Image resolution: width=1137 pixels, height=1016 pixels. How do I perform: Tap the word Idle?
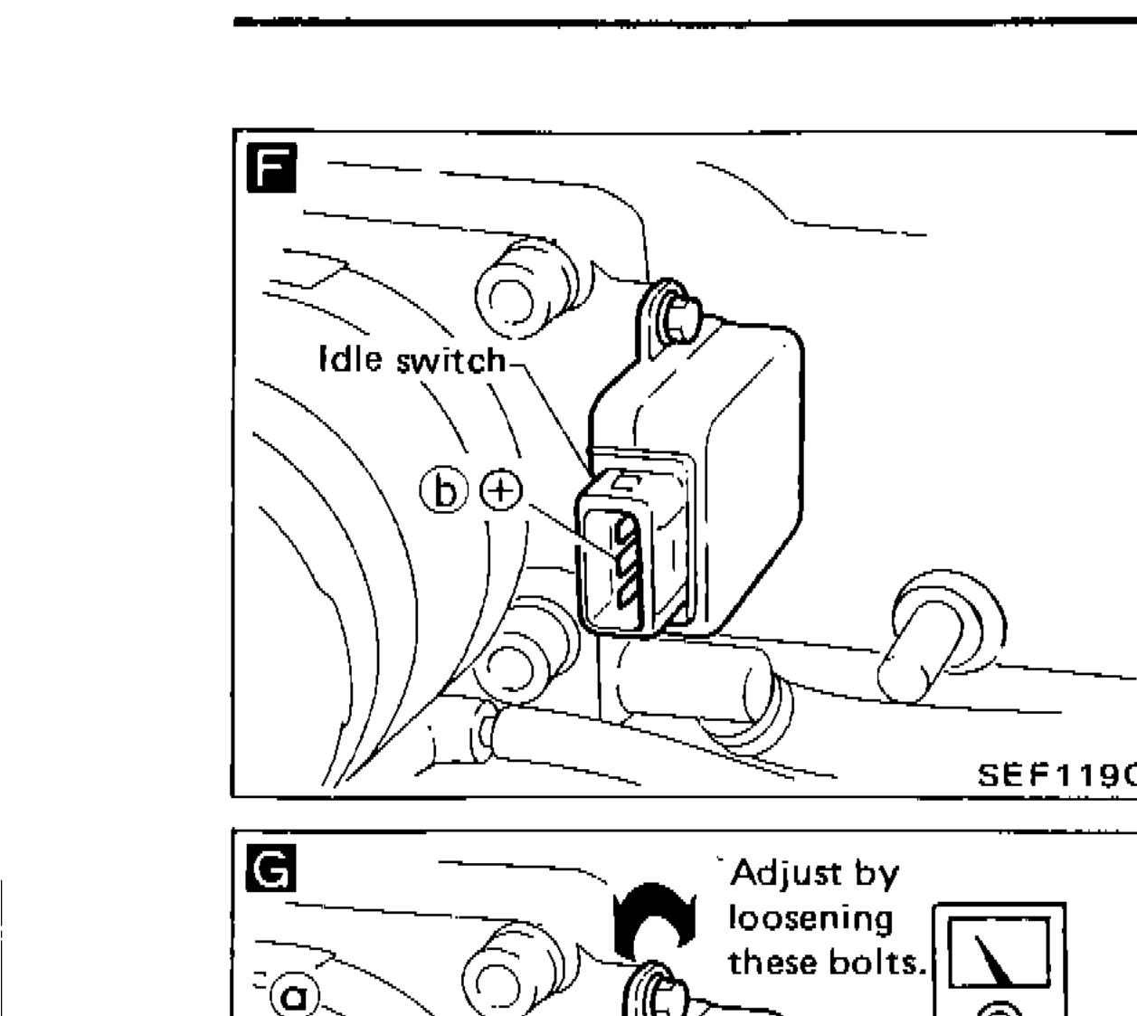(x=353, y=360)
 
